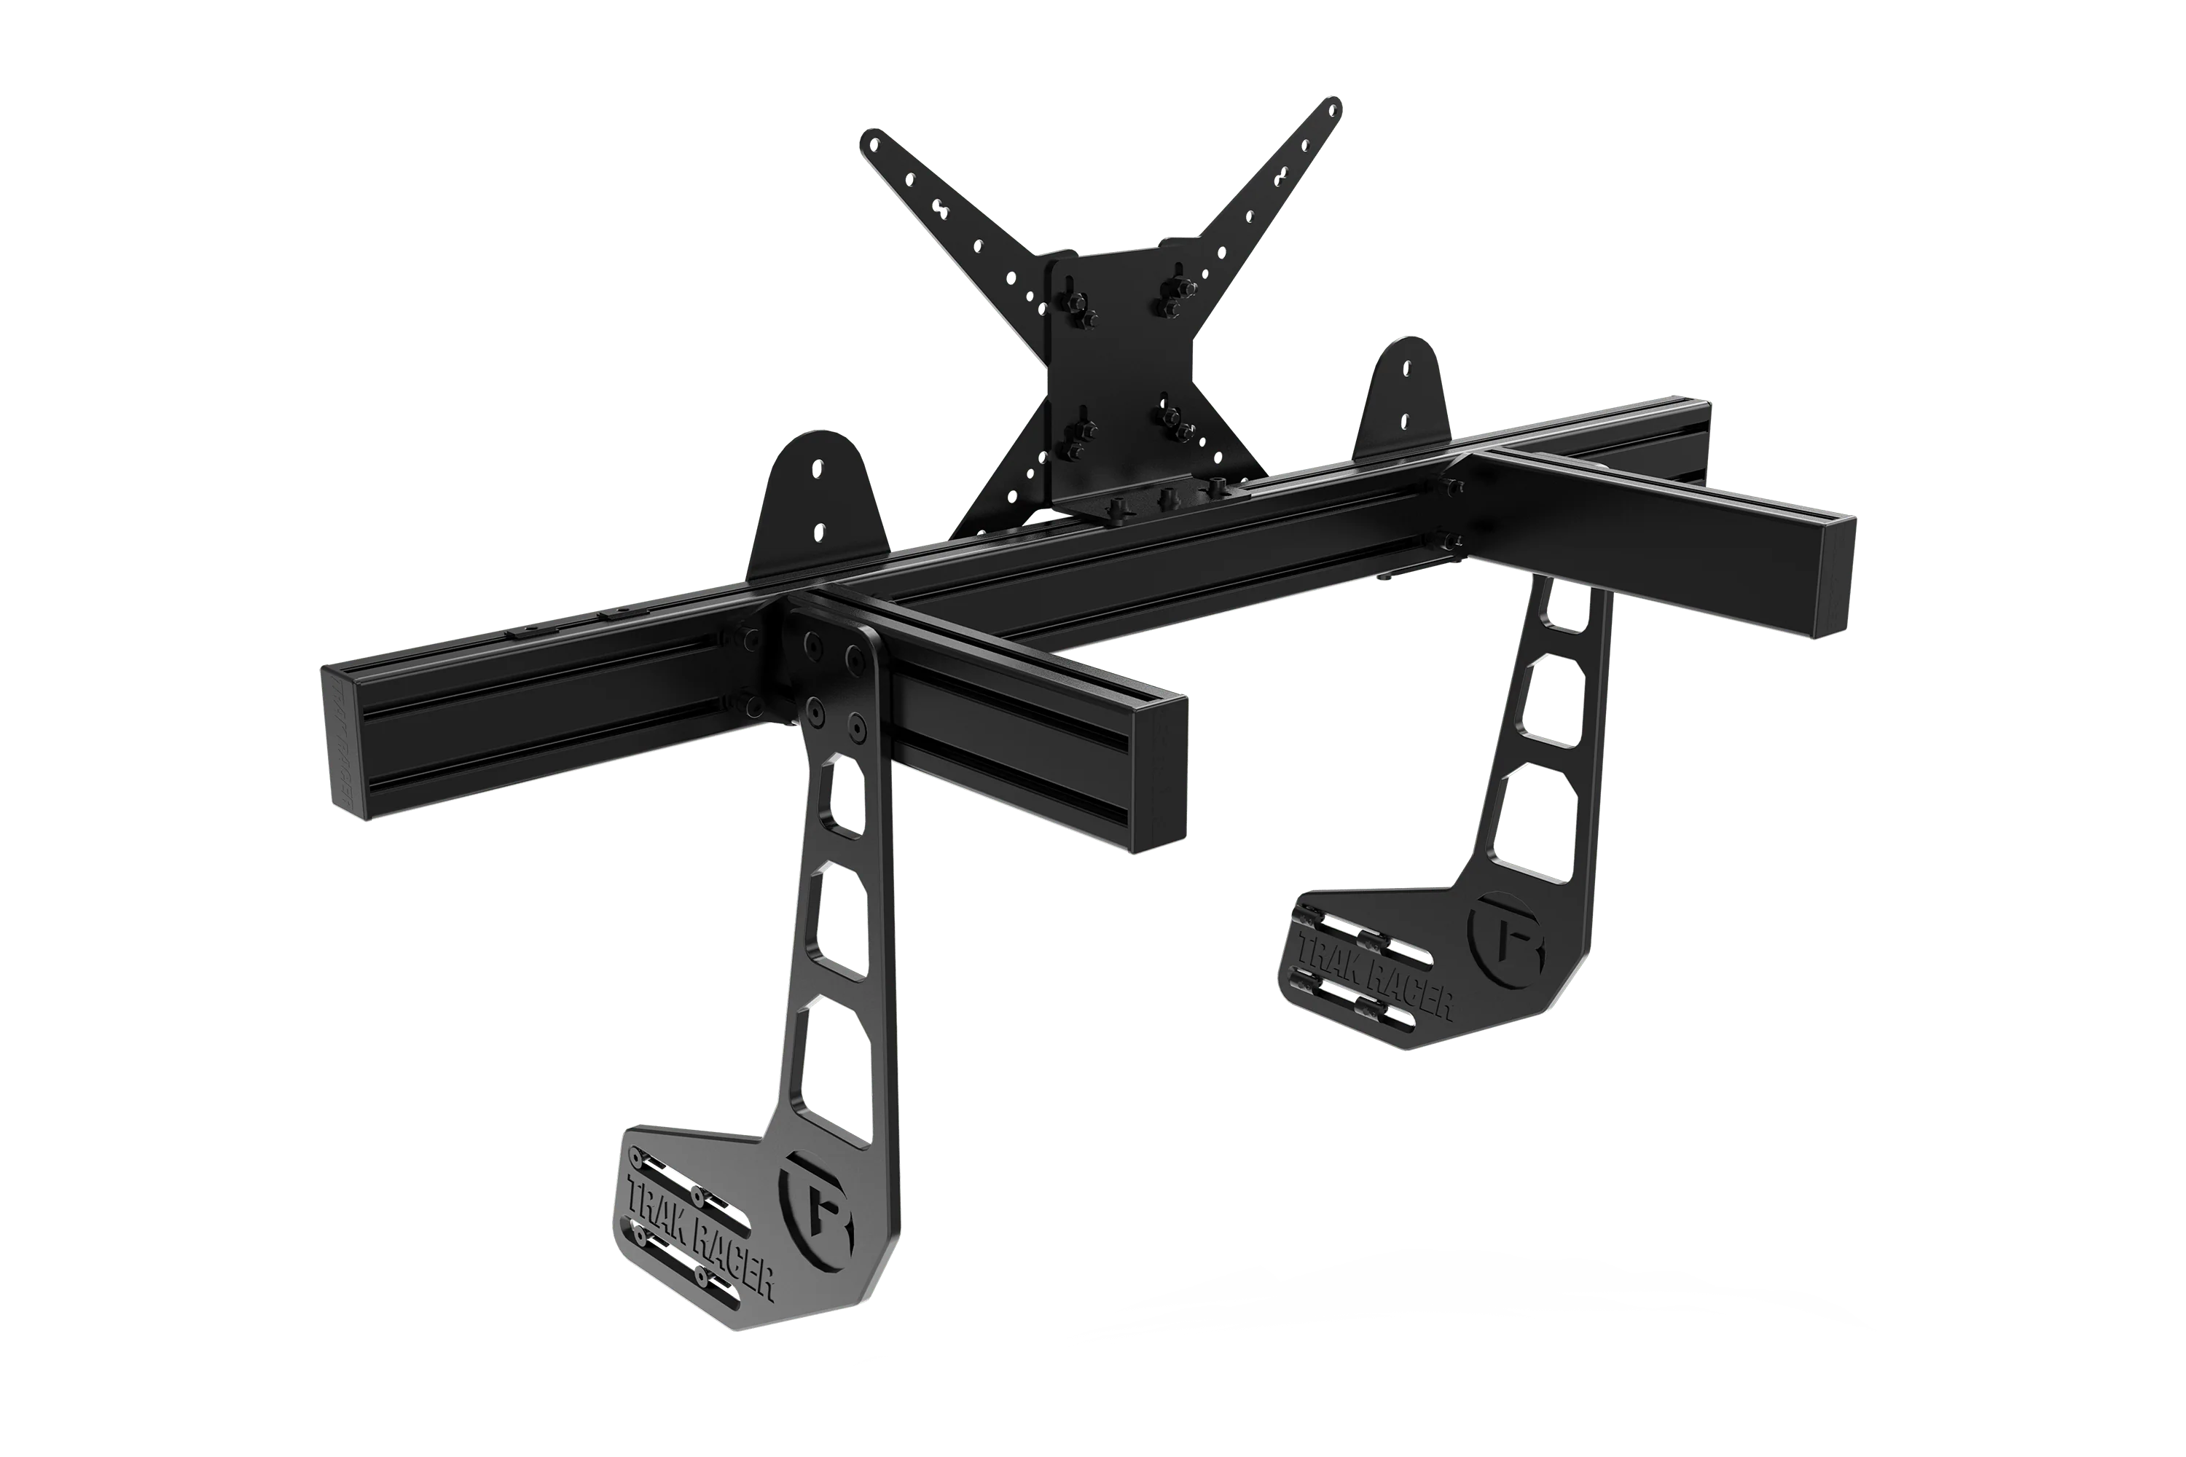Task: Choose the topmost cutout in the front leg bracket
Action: [x=843, y=798]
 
